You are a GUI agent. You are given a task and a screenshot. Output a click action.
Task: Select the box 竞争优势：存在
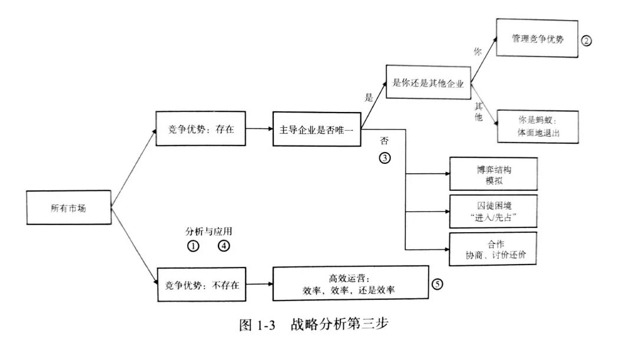tap(200, 128)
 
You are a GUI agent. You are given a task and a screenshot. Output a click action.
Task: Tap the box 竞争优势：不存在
tap(201, 285)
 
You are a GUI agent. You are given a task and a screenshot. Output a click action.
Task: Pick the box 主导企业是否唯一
tap(317, 128)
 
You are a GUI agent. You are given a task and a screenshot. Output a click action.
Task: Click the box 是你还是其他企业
tap(429, 83)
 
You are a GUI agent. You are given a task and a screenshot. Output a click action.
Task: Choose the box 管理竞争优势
tap(536, 39)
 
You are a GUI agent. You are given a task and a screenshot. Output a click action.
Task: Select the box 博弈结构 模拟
tap(493, 174)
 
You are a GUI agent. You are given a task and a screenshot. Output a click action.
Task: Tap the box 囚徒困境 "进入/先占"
tap(493, 212)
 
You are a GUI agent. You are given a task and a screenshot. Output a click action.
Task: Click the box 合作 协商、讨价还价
tap(493, 250)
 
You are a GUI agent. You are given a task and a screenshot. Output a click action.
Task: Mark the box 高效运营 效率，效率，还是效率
tap(350, 284)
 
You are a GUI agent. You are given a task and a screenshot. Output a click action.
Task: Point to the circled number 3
tap(385, 158)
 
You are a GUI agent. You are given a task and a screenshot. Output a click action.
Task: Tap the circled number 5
tap(437, 284)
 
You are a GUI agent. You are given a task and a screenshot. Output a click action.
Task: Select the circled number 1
tap(193, 246)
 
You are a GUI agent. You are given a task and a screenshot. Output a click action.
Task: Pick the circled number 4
tap(224, 246)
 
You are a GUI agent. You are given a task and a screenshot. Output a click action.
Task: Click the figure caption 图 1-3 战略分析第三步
tap(314, 325)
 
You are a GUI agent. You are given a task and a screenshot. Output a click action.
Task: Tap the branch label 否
tap(385, 142)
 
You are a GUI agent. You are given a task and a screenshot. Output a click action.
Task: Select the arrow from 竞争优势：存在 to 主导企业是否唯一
tap(259, 128)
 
